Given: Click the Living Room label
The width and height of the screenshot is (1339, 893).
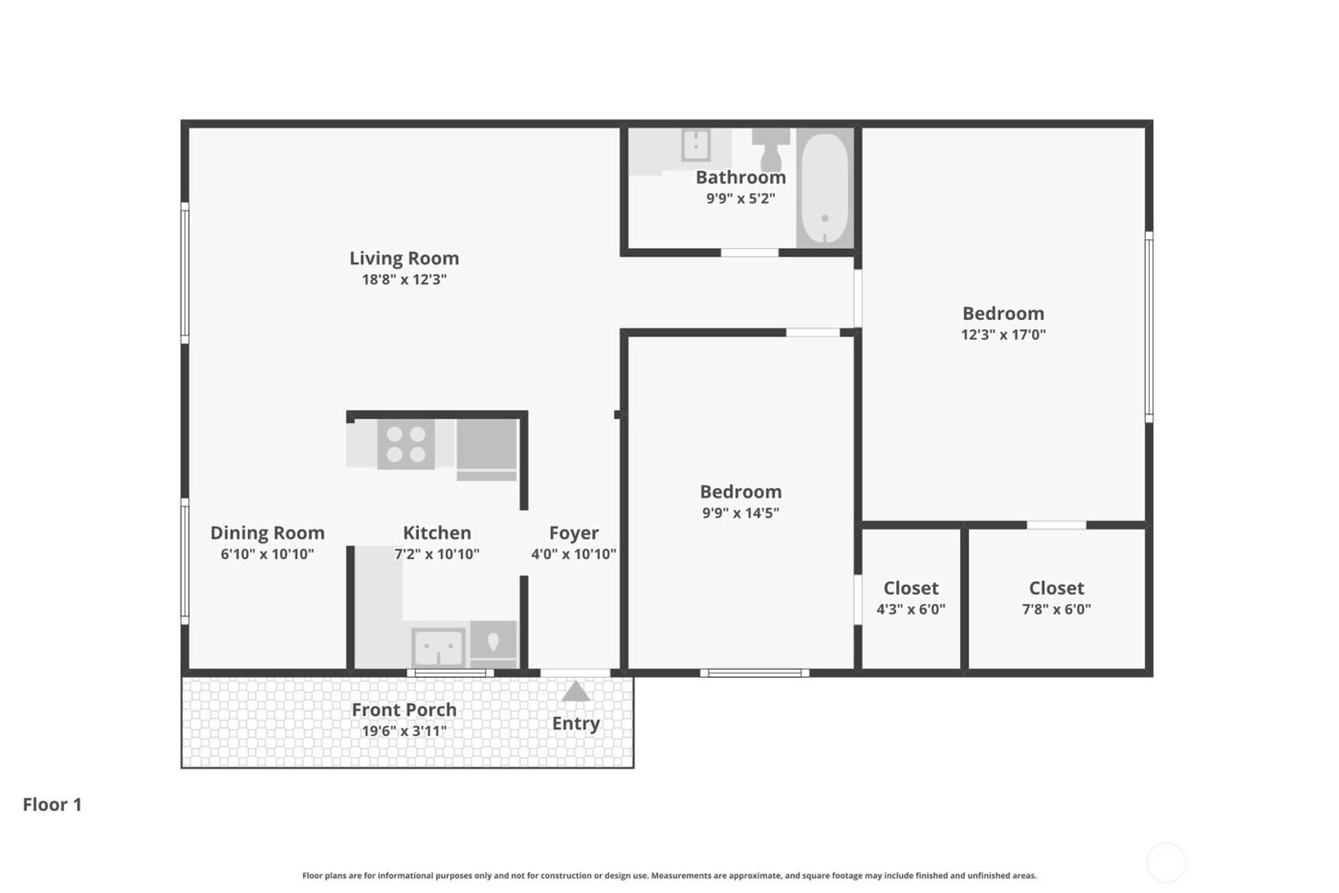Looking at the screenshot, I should [x=404, y=258].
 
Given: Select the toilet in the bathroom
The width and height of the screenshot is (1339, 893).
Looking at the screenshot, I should [x=771, y=148].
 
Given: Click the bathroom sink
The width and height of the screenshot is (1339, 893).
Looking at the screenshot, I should [x=695, y=145].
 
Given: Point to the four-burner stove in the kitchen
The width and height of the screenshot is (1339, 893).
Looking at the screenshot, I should [x=406, y=445].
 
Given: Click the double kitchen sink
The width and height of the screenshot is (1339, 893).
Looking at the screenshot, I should [x=439, y=647].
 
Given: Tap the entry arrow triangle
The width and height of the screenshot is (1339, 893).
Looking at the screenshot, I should [x=576, y=691].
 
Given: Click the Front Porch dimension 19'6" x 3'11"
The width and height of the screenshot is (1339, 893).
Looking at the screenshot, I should [x=404, y=731].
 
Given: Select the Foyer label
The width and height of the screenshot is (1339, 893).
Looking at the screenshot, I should [x=574, y=533].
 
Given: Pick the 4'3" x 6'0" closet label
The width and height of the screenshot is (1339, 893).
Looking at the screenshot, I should [x=911, y=609].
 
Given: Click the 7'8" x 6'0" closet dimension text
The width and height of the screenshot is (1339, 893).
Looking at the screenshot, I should [x=1056, y=609].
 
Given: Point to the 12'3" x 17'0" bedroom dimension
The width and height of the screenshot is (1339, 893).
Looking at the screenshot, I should [x=1002, y=335].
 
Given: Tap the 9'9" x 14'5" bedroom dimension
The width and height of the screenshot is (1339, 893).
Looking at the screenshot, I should [x=740, y=513].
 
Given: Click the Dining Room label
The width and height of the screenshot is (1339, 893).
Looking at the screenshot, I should [x=267, y=533].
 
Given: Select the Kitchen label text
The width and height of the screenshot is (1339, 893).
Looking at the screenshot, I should [x=436, y=533].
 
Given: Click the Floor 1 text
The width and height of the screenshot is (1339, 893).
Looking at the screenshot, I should [x=53, y=805].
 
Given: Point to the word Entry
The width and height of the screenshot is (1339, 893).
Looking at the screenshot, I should [x=576, y=724].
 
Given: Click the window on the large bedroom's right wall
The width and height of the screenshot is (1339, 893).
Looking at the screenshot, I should [x=1149, y=325].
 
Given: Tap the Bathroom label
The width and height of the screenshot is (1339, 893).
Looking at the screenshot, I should [x=740, y=177].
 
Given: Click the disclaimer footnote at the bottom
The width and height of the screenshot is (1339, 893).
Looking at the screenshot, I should [x=669, y=876].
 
